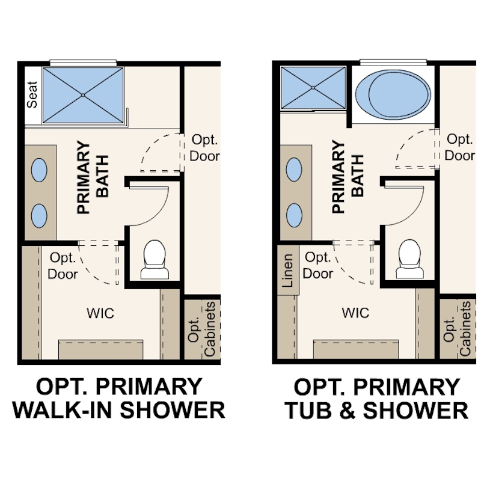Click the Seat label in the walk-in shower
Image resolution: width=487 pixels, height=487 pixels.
pyautogui.click(x=32, y=94)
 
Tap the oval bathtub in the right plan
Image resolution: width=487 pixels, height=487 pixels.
pyautogui.click(x=393, y=94)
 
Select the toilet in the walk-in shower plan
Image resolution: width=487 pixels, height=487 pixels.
pyautogui.click(x=155, y=259)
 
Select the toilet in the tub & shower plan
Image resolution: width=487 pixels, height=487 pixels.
pyautogui.click(x=409, y=259)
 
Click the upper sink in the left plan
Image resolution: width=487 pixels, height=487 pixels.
pyautogui.click(x=39, y=170)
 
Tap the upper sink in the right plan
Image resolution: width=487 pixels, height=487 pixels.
pyautogui.click(x=294, y=170)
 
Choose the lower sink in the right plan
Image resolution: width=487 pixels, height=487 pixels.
pyautogui.click(x=294, y=215)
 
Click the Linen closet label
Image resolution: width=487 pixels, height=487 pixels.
pyautogui.click(x=287, y=270)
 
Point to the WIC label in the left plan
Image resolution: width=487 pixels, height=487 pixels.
pyautogui.click(x=100, y=313)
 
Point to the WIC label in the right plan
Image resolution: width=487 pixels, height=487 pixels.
pyautogui.click(x=355, y=313)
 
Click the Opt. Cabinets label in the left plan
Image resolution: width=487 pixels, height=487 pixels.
pyautogui.click(x=201, y=329)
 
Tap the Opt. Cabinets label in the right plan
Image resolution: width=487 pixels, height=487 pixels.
pyautogui.click(x=457, y=328)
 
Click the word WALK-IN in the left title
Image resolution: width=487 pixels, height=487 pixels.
pyautogui.click(x=61, y=410)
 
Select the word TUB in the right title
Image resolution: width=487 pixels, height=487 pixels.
pyautogui.click(x=308, y=410)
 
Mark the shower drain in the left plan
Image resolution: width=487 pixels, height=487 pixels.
pyautogui.click(x=83, y=95)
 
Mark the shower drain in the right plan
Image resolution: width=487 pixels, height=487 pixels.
pyautogui.click(x=313, y=88)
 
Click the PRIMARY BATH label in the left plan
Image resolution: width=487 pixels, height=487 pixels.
pyautogui.click(x=93, y=177)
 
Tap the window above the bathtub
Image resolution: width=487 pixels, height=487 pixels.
pyautogui.click(x=393, y=63)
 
